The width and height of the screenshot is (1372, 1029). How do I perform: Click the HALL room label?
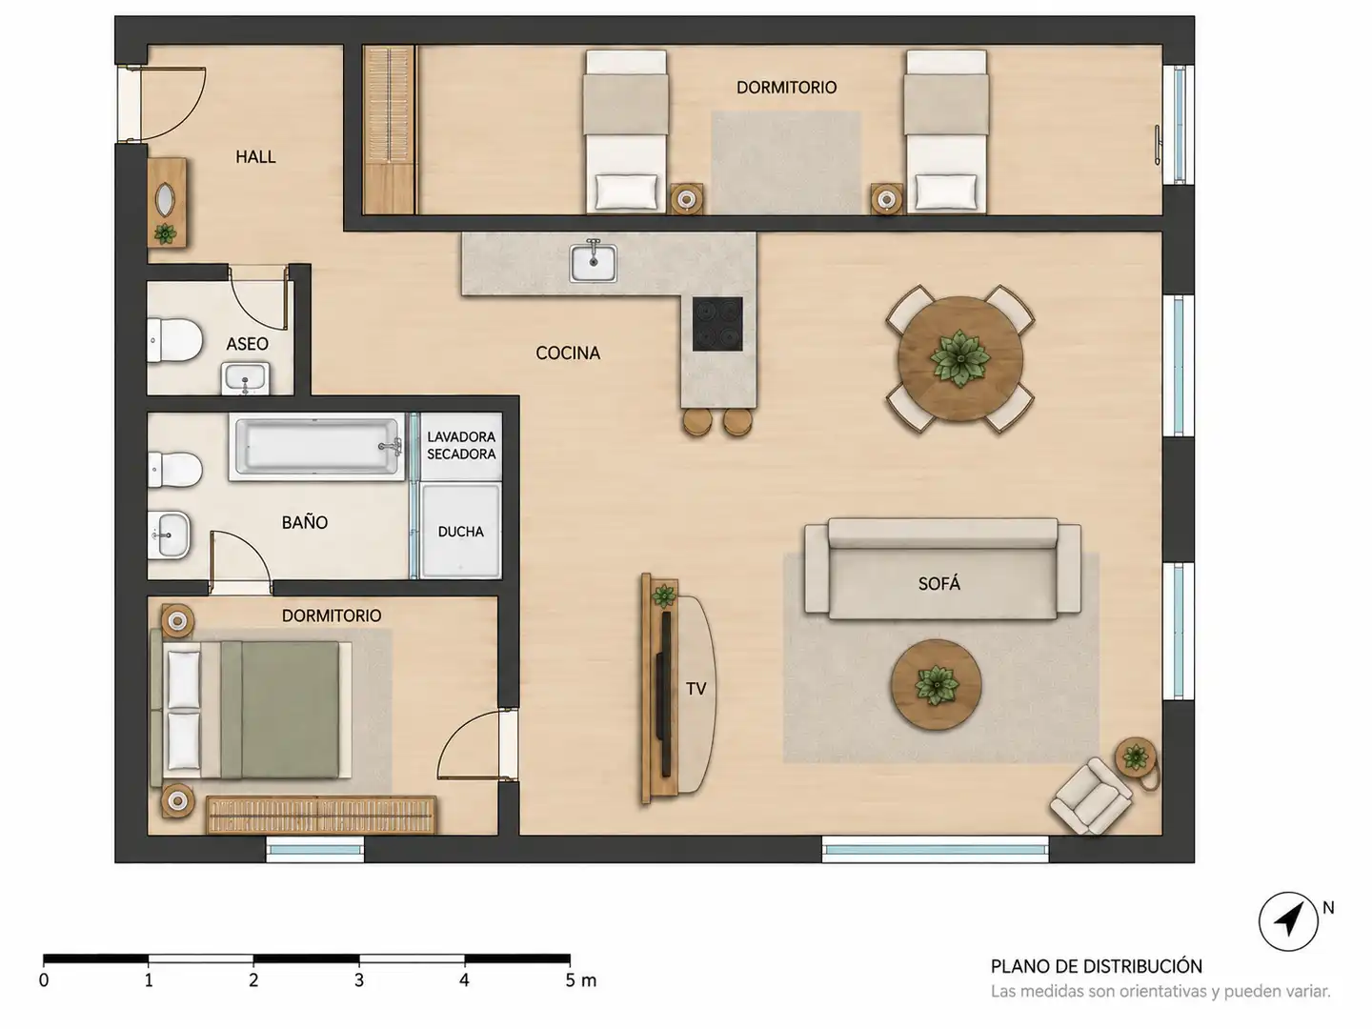tap(255, 157)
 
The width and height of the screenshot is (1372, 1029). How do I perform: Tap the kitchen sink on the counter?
tap(594, 262)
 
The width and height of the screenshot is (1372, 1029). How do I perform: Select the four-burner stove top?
tap(717, 324)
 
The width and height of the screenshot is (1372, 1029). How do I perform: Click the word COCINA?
tap(568, 353)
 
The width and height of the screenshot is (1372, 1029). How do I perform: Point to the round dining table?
tap(960, 358)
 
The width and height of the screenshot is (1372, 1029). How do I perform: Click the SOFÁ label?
tap(938, 583)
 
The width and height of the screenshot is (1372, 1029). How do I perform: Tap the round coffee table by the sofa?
tap(936, 684)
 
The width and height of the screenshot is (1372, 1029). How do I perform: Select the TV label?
tap(696, 689)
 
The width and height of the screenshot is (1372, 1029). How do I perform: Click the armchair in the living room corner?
tap(1091, 796)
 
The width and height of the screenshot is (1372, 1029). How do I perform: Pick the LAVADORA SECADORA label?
tap(460, 446)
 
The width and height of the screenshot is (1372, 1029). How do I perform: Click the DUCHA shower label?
tap(460, 532)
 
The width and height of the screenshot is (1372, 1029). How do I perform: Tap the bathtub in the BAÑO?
tap(317, 446)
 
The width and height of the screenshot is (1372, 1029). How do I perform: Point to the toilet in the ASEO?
tap(174, 340)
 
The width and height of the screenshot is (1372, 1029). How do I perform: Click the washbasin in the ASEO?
tap(246, 378)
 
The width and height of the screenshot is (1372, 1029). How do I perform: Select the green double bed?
tap(252, 710)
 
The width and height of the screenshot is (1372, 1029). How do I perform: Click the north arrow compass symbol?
tap(1288, 921)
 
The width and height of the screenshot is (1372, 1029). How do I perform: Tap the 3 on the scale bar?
tap(359, 980)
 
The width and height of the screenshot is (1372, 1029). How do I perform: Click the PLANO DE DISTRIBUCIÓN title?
tap(1097, 966)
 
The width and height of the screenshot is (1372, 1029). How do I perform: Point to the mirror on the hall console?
tap(165, 200)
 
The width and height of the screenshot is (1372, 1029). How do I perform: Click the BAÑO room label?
tap(304, 522)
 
